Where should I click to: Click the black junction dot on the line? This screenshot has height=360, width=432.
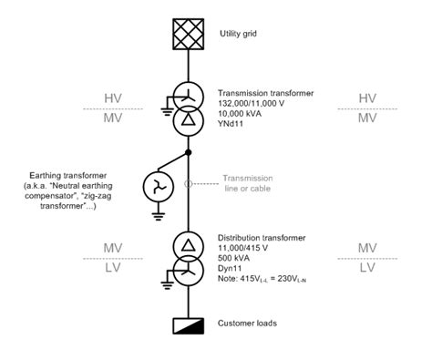point(187,152)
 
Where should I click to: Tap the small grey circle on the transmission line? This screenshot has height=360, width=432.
point(187,182)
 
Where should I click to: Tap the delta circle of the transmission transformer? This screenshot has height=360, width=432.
point(187,119)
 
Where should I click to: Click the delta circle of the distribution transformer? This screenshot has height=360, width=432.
point(187,244)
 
